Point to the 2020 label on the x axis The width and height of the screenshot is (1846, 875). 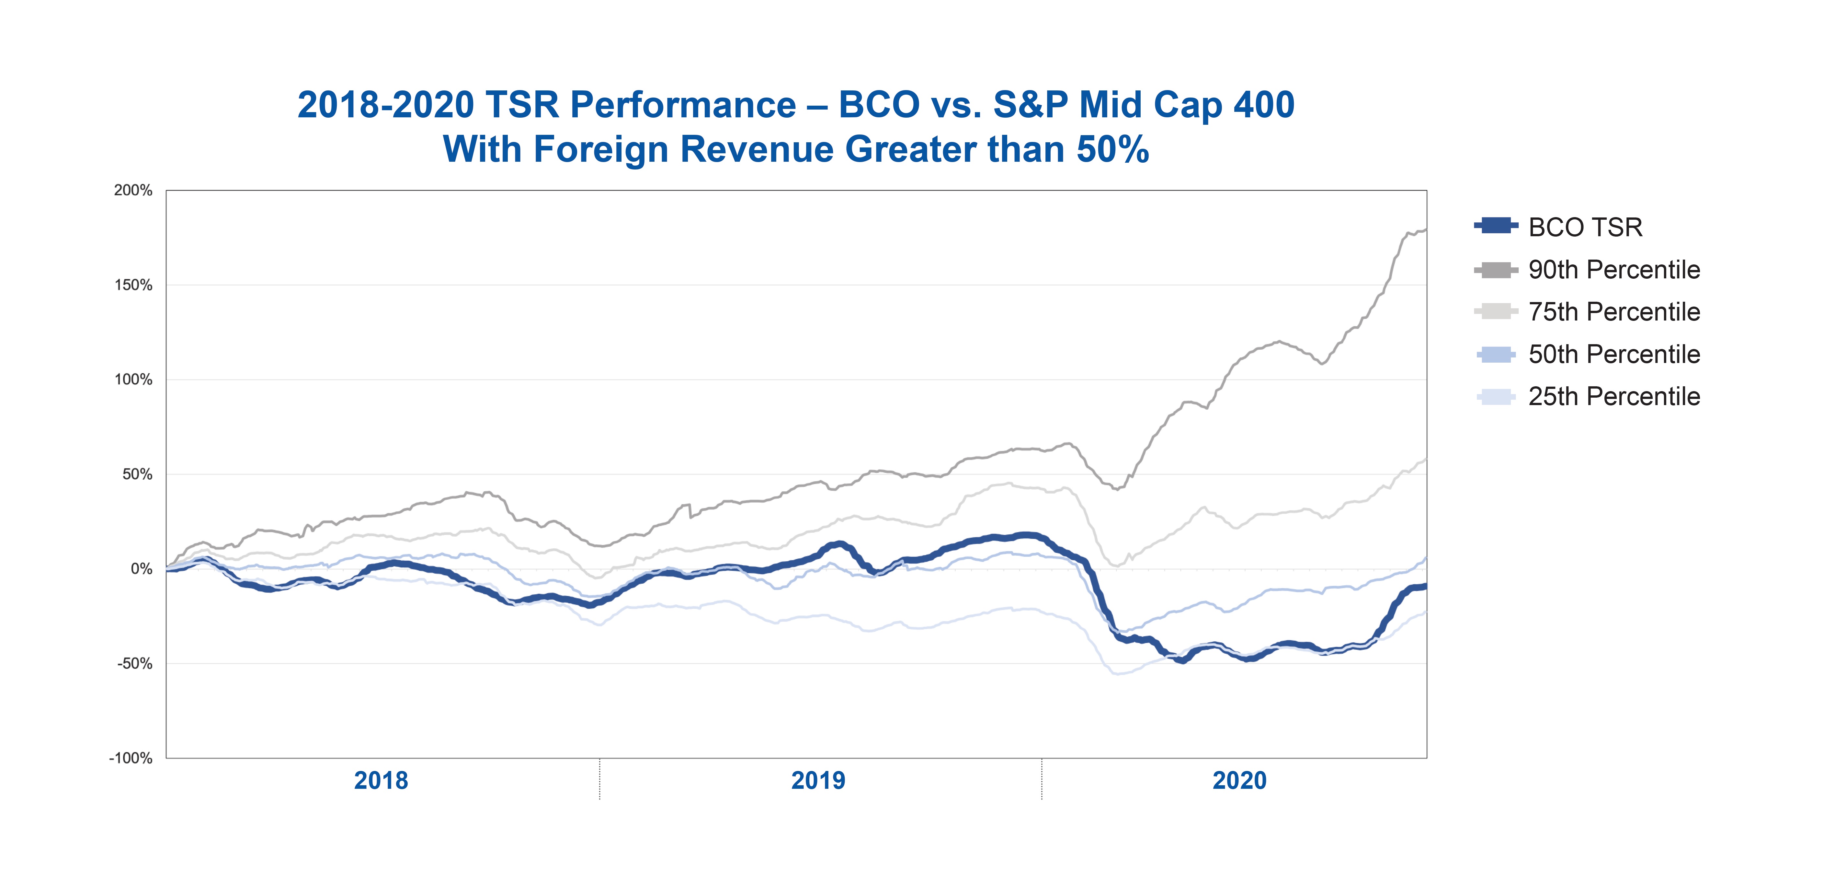1239,780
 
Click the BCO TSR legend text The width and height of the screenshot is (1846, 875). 1585,227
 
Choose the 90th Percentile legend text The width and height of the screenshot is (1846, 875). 1614,270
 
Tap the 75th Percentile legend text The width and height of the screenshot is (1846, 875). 1614,312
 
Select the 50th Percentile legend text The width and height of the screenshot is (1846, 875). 1614,354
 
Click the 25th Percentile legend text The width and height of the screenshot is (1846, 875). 1614,397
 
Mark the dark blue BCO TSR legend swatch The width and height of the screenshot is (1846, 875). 1496,226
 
